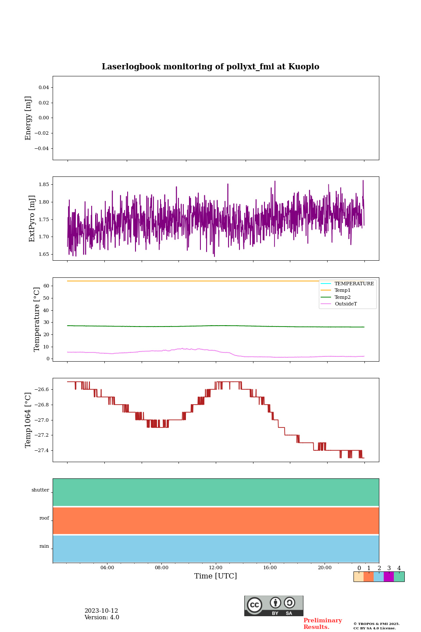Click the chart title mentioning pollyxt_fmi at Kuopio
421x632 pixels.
[210, 67]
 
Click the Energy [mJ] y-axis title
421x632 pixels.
[29, 118]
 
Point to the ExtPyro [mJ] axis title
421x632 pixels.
[32, 219]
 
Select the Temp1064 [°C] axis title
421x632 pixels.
[29, 420]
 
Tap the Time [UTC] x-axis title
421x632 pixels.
[215, 576]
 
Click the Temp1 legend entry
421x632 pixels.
[343, 291]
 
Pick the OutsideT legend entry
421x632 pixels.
[346, 304]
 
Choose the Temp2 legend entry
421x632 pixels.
[343, 297]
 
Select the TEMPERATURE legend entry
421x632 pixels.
[354, 284]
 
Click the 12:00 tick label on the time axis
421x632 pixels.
[216, 568]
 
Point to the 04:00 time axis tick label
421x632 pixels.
[107, 568]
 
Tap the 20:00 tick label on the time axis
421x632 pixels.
[325, 568]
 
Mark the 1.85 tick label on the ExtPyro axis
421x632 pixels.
[43, 185]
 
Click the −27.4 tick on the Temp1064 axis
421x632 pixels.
[40, 451]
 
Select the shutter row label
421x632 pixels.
[40, 490]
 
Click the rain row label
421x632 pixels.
[44, 546]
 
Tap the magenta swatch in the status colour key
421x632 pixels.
[389, 577]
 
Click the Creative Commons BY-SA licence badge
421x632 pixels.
[274, 606]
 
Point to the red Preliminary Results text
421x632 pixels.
[322, 624]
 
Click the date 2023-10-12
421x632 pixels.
[101, 611]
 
